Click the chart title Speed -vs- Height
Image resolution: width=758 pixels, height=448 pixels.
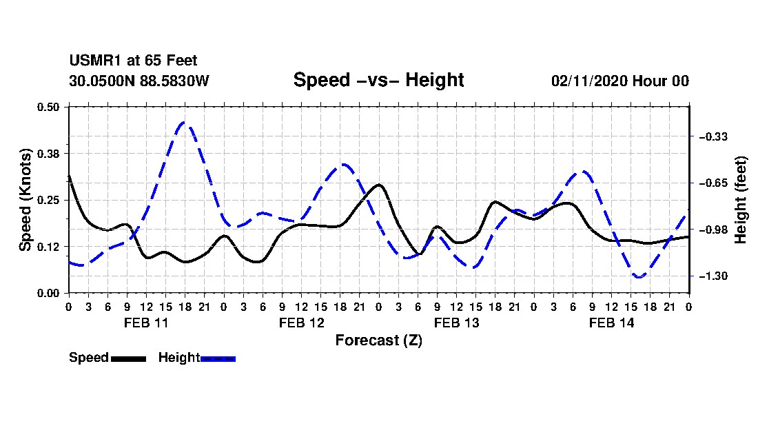pyautogui.click(x=378, y=80)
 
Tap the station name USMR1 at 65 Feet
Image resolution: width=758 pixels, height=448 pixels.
pyautogui.click(x=133, y=61)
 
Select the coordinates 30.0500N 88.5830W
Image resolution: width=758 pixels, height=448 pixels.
pyautogui.click(x=139, y=81)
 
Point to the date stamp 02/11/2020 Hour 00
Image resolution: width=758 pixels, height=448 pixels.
pyautogui.click(x=619, y=81)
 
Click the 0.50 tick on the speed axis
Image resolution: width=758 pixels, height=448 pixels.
pyautogui.click(x=48, y=107)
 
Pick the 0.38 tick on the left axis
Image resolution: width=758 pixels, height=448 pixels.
pyautogui.click(x=48, y=154)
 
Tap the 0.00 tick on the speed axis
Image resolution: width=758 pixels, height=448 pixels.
pyautogui.click(x=48, y=294)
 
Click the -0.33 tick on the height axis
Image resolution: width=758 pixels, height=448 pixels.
pyautogui.click(x=713, y=136)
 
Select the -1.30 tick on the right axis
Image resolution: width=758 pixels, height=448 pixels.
pyautogui.click(x=713, y=276)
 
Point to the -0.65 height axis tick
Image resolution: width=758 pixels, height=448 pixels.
pyautogui.click(x=713, y=183)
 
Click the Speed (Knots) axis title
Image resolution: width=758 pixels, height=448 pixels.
pyautogui.click(x=25, y=200)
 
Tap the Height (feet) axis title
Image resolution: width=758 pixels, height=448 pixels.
pyautogui.click(x=740, y=200)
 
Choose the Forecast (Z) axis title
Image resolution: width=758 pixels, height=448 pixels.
pyautogui.click(x=378, y=340)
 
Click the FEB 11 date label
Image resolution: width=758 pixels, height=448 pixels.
pyautogui.click(x=146, y=323)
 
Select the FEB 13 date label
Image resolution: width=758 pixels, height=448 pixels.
pyautogui.click(x=456, y=323)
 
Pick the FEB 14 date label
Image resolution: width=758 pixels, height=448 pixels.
pyautogui.click(x=611, y=323)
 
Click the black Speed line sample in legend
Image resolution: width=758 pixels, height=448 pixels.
pyautogui.click(x=129, y=359)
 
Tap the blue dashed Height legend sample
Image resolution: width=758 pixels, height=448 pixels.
pyautogui.click(x=218, y=359)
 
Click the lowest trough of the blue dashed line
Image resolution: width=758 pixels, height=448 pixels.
pyautogui.click(x=639, y=276)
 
